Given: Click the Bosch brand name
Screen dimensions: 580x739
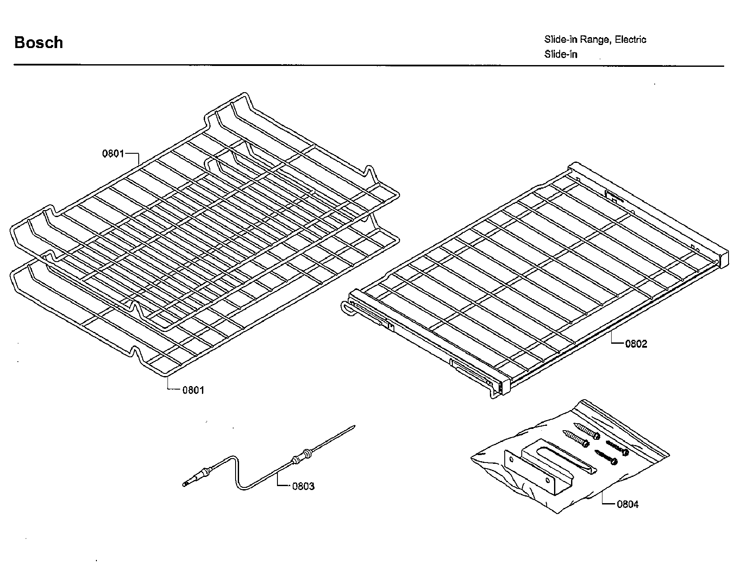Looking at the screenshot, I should click(x=38, y=42).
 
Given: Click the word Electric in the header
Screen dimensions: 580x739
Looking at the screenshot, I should click(x=630, y=40).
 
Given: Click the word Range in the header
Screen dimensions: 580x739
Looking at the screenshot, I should click(x=595, y=40).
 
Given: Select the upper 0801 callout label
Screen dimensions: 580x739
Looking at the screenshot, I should click(x=113, y=154).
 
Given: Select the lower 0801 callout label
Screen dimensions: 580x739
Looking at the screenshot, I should click(x=193, y=390).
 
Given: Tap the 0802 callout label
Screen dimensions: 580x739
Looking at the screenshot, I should click(x=636, y=344).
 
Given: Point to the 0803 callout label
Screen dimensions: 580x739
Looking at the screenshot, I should click(x=303, y=486).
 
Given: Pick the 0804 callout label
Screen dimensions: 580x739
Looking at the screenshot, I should click(x=627, y=504).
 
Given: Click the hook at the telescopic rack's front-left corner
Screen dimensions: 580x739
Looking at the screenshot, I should click(x=346, y=307).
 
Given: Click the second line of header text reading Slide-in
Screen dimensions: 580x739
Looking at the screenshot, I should click(x=561, y=55).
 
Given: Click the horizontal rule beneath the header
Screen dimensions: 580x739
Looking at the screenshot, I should click(x=369, y=66).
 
